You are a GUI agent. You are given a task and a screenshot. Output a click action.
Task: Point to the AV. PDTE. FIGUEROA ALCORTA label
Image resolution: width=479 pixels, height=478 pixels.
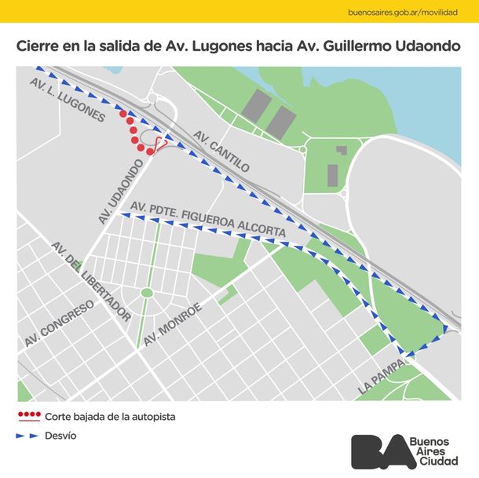(x=208, y=220)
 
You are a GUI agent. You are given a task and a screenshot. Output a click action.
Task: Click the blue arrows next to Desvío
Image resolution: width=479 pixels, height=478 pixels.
(x=28, y=436)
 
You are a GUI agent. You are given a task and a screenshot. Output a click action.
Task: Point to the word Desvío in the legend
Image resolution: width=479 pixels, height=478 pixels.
(x=61, y=436)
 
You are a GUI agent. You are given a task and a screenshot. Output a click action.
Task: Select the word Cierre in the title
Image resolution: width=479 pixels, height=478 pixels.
(x=38, y=46)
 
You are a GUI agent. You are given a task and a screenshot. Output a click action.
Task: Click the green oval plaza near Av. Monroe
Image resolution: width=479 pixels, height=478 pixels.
(x=147, y=293)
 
